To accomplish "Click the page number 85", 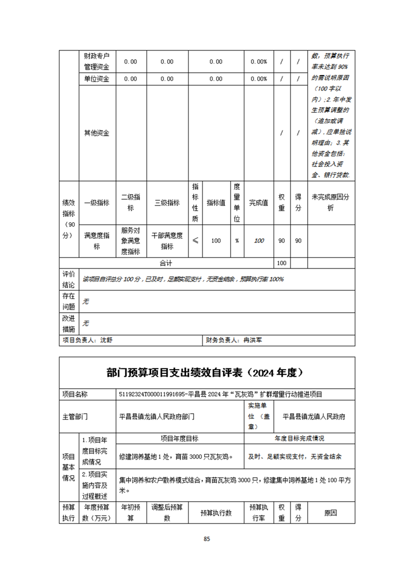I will pos(207,539).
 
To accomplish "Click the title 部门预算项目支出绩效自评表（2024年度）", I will pos(207,373).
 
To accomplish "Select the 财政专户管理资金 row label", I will pos(97,61).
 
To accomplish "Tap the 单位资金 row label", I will pos(97,79).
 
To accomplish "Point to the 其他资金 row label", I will pos(97,133).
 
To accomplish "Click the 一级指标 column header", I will pos(97,203).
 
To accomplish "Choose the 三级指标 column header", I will pos(167,203).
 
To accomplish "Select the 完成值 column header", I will pos(258,203).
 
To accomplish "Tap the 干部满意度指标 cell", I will pos(167,241).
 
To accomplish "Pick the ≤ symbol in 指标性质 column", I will pos(195,241).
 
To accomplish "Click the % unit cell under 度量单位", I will pos(236,241).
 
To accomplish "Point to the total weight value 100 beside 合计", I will pos(281,264).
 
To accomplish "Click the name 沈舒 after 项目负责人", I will pos(106,340).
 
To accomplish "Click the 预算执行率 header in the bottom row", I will pos(258,512).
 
